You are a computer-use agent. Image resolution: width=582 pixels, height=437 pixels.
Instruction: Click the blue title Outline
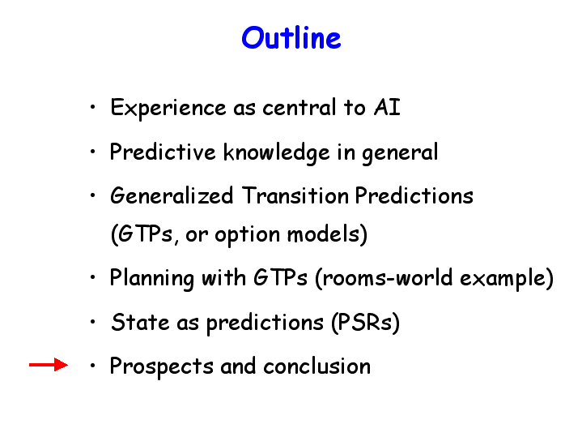tap(291, 37)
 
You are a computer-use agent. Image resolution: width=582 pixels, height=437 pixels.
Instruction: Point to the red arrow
tap(49, 365)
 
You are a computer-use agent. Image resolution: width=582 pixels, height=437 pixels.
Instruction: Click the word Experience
tap(168, 109)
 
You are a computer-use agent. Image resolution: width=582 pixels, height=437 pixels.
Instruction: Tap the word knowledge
tap(277, 153)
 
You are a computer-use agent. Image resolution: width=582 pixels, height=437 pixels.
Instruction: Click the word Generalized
tap(172, 195)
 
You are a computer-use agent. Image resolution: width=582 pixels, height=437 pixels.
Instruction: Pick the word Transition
tap(295, 195)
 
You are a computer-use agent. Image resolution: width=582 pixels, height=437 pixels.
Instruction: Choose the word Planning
tap(152, 279)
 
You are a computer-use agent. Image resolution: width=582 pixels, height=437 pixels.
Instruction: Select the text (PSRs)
tap(365, 323)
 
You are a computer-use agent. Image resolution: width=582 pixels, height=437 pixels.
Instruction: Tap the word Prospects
tap(161, 366)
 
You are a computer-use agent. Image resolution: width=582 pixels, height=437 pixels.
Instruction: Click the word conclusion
tap(317, 366)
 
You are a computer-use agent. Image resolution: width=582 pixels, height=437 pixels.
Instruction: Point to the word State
tap(140, 322)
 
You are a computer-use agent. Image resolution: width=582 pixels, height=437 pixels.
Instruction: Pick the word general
tap(400, 153)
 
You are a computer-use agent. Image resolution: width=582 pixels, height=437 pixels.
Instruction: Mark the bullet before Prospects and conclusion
tap(92, 366)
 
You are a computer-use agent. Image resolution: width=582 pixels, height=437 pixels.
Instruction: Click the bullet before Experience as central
tap(92, 108)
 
